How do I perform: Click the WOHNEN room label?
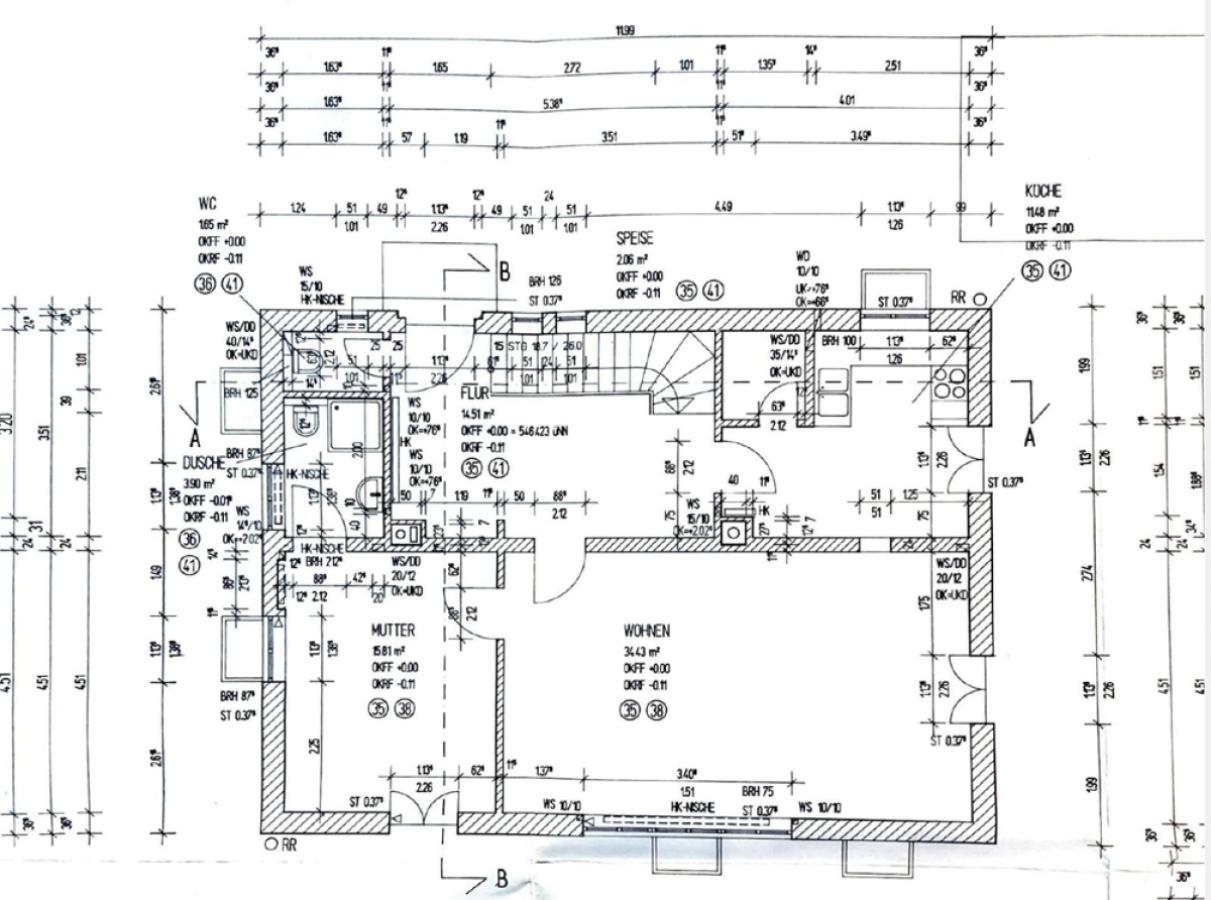tap(646, 631)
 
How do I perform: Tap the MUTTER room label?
tap(392, 631)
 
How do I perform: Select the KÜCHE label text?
tap(1043, 190)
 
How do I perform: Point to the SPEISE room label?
tap(635, 239)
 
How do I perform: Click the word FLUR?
tap(476, 394)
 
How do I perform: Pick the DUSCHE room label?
tap(204, 463)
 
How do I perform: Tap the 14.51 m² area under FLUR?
tap(477, 413)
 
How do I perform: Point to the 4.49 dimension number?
tap(723, 207)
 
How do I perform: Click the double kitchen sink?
tap(833, 391)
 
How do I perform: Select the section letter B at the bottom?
tap(501, 878)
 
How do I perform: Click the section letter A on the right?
tap(1028, 437)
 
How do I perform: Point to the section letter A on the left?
tap(196, 437)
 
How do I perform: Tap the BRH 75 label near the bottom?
tap(759, 791)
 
